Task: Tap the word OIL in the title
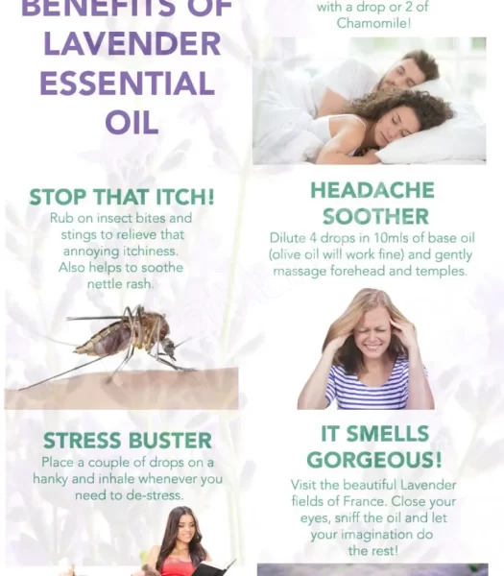pyautogui.click(x=132, y=122)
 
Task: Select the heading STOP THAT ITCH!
pyautogui.click(x=122, y=197)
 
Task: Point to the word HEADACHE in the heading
pyautogui.click(x=372, y=190)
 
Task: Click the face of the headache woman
pyautogui.click(x=369, y=336)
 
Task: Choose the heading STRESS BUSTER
pyautogui.click(x=127, y=441)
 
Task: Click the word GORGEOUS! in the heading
pyautogui.click(x=374, y=459)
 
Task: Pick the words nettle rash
pyautogui.click(x=121, y=284)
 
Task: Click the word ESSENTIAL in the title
pyautogui.click(x=128, y=84)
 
